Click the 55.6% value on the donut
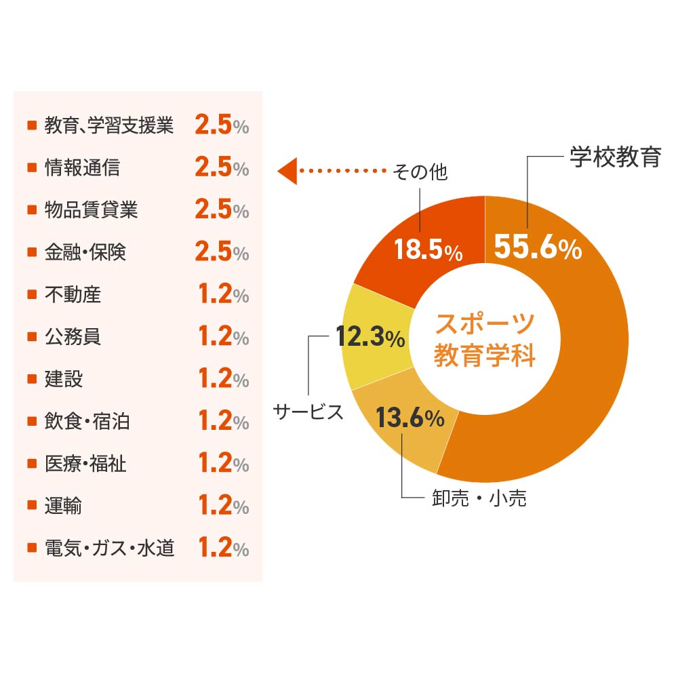click(x=538, y=247)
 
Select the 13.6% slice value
click(x=410, y=418)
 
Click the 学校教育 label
click(x=614, y=157)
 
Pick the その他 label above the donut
click(x=420, y=172)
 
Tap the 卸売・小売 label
click(x=479, y=499)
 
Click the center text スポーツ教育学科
click(x=485, y=339)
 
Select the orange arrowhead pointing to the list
click(x=287, y=172)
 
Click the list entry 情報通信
click(x=82, y=167)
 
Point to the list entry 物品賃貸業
click(x=91, y=210)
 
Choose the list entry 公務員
click(x=73, y=336)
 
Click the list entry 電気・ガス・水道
click(x=109, y=548)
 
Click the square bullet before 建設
click(x=31, y=379)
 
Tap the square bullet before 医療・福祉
click(x=31, y=464)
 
